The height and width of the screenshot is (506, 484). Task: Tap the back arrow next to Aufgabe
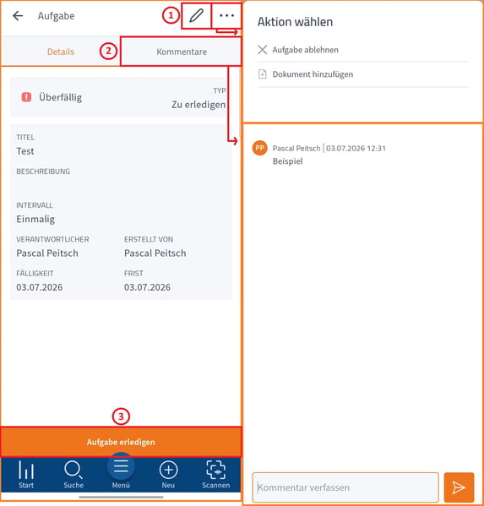18,15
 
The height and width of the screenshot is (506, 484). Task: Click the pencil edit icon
196,15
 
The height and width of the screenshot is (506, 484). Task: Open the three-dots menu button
226,15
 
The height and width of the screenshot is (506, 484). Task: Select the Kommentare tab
182,52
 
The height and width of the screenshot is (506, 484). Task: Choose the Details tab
61,52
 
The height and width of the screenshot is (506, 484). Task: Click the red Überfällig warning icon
26,97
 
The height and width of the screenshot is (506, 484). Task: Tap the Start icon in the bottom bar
26,474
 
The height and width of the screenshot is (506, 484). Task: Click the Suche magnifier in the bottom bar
73,474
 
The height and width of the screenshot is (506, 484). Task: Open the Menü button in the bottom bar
121,471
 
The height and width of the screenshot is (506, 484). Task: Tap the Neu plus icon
168,474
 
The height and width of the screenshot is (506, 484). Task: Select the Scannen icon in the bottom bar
216,474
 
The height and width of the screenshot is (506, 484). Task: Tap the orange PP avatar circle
260,148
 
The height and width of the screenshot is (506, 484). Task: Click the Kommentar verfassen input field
345,487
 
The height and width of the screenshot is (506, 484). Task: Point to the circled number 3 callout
121,416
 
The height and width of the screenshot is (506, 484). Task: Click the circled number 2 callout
108,51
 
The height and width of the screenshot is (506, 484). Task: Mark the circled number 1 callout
171,15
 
